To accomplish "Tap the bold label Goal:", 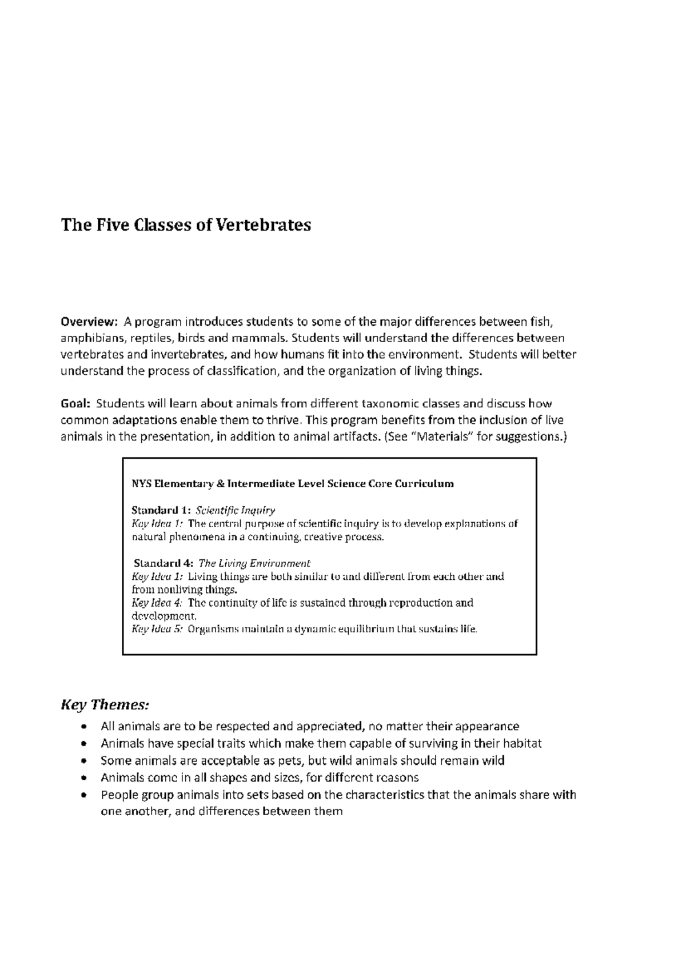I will tap(75, 404).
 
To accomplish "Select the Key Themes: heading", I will tap(105, 704).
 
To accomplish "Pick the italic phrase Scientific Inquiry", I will tap(236, 510).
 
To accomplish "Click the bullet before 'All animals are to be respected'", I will tap(85, 727).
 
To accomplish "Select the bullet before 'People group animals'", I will tap(85, 795).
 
